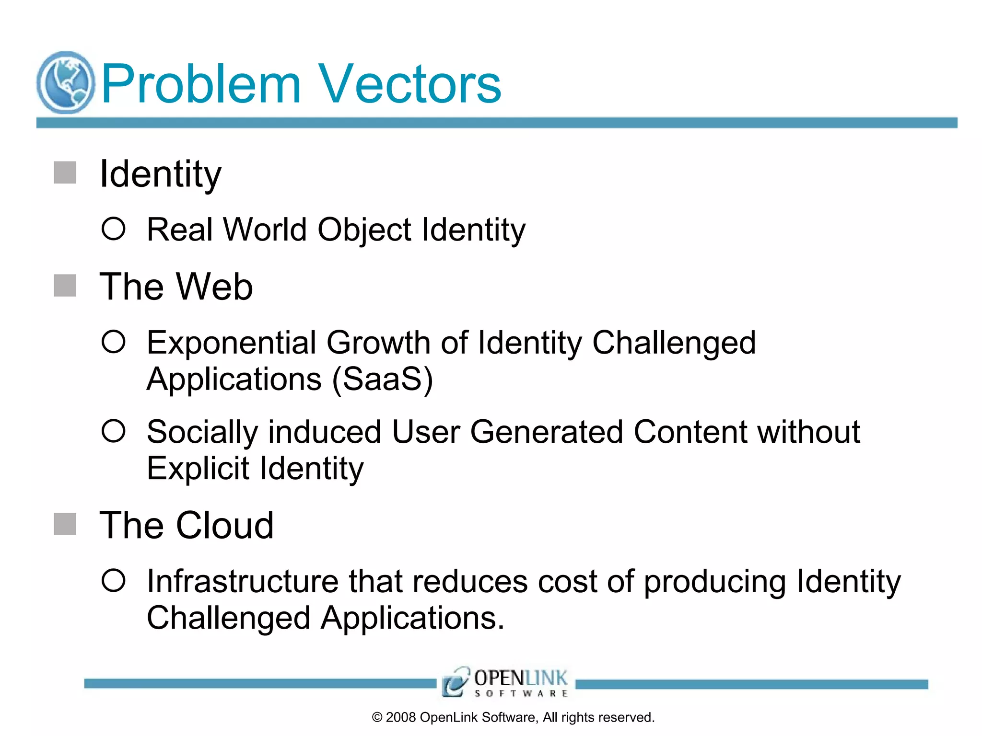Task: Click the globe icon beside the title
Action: click(66, 82)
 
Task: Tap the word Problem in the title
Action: click(201, 84)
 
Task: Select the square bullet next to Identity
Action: click(65, 172)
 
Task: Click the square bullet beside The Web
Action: click(65, 286)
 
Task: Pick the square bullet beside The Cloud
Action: click(65, 524)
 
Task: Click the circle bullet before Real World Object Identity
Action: click(114, 229)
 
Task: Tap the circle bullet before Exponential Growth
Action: click(114, 342)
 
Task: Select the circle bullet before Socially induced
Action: click(114, 431)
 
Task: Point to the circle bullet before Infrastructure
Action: click(114, 580)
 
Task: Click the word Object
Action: click(364, 230)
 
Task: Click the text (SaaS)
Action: click(383, 379)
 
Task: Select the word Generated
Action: click(546, 432)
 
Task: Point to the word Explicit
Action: click(198, 469)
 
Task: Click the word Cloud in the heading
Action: click(225, 526)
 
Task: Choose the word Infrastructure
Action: click(242, 582)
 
